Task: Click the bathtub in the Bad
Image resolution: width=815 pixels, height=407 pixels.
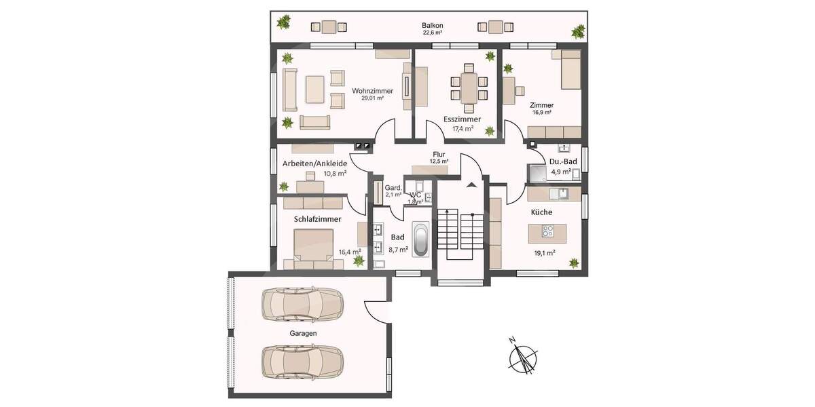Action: (421, 240)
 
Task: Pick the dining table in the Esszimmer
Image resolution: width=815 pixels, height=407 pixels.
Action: (469, 88)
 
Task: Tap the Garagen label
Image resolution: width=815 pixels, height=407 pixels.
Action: (302, 333)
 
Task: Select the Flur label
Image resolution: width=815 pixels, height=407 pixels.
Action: (439, 154)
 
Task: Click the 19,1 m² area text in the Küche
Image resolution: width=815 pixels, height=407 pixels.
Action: (544, 253)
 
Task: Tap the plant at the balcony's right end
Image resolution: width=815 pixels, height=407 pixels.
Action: (578, 31)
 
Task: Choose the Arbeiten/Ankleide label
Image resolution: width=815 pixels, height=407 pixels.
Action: (314, 163)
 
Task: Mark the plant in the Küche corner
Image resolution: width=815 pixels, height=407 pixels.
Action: (575, 262)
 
